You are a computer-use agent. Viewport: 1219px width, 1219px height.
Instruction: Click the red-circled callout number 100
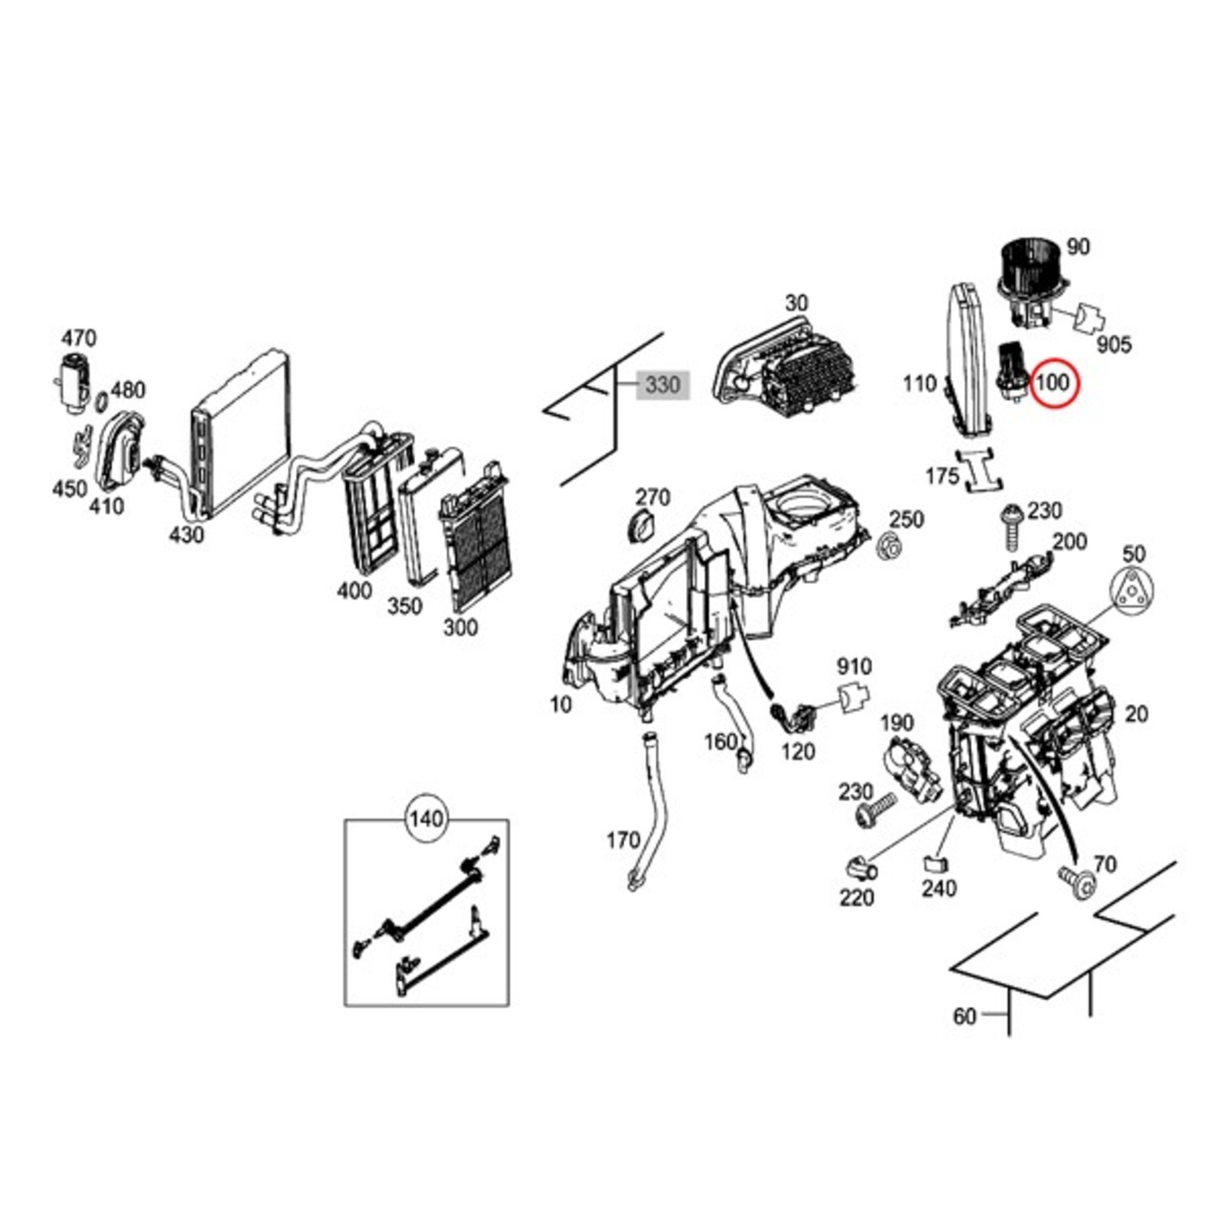[x=1052, y=381]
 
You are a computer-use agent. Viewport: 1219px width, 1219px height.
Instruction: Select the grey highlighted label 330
[x=662, y=384]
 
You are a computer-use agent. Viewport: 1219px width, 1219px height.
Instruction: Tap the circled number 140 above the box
[x=426, y=818]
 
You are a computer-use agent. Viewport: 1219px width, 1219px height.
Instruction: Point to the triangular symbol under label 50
[x=1132, y=592]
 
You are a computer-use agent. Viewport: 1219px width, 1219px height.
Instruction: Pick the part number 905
[x=1113, y=345]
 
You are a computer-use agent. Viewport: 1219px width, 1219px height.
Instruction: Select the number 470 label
[x=79, y=337]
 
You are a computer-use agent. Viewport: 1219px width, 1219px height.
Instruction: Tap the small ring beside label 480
[x=101, y=401]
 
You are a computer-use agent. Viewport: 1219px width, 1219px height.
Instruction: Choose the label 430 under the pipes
[x=186, y=534]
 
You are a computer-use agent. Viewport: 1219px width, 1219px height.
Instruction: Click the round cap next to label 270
[x=643, y=527]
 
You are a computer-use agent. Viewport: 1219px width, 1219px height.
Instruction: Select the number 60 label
[x=964, y=1016]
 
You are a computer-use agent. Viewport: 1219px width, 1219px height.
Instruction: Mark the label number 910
[x=854, y=666]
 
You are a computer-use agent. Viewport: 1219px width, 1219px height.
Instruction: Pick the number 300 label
[x=460, y=627]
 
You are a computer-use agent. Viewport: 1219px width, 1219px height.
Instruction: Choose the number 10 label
[x=561, y=704]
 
